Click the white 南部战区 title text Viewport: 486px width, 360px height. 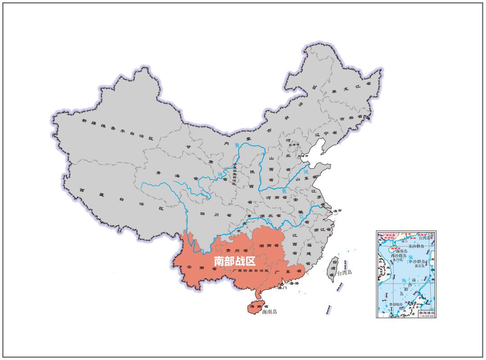[234, 261]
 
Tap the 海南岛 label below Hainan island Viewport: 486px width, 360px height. [270, 312]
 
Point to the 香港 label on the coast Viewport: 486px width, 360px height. [293, 283]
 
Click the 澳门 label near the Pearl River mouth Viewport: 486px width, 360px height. [283, 288]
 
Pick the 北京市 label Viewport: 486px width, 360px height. [294, 145]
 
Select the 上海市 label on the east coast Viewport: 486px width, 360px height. [336, 211]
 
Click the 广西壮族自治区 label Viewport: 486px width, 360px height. [250, 271]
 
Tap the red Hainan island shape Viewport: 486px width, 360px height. [256, 307]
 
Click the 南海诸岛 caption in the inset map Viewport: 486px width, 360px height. [427, 313]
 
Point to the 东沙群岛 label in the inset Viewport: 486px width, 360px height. [416, 246]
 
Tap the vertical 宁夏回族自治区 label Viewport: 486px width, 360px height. [234, 174]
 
